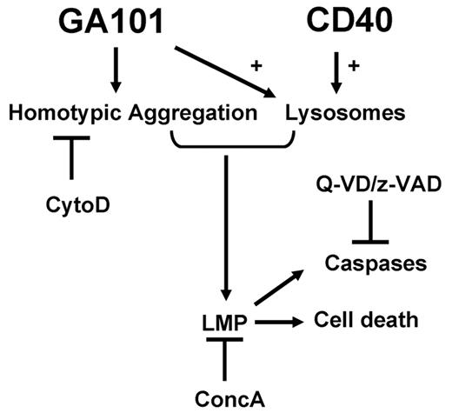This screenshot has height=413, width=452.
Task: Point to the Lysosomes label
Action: (334, 112)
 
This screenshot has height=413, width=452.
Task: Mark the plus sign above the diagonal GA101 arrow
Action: (256, 64)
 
